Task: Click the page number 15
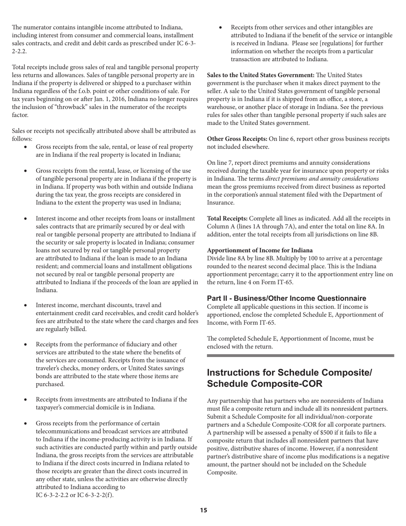[x=203, y=510]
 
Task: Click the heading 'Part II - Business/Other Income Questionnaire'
[x=286, y=298]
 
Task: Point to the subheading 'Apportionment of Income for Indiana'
[x=260, y=250]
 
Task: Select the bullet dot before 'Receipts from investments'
[x=27, y=400]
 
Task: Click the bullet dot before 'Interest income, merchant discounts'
[x=27, y=305]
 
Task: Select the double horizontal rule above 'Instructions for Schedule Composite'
[x=300, y=355]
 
